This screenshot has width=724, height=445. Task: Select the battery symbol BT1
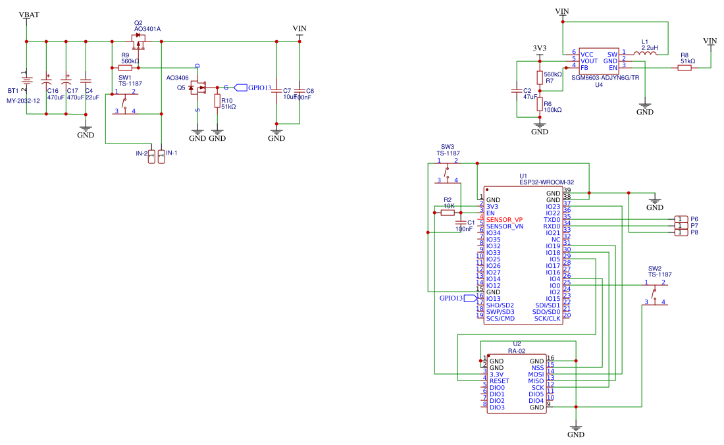point(27,80)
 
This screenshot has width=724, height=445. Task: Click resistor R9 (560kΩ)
point(126,67)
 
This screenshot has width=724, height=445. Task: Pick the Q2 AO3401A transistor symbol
point(139,43)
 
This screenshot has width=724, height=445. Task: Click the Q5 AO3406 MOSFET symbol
point(196,88)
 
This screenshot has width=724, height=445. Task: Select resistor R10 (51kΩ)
point(217,100)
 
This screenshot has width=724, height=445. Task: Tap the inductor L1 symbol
point(645,54)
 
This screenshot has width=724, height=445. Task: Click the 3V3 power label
point(540,49)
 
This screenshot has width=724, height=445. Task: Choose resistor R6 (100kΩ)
point(540,105)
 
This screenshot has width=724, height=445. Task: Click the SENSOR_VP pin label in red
point(505,219)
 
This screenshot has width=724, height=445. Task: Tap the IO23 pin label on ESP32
point(553,206)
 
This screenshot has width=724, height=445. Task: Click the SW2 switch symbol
point(655,292)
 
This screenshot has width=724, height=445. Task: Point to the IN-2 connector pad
point(151,156)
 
